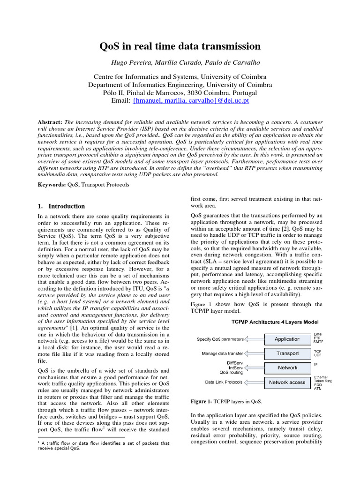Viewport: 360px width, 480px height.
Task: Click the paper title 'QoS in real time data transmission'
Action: click(180, 46)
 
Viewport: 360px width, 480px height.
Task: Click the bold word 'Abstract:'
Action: click(50, 122)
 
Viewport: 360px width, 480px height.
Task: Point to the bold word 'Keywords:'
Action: click(52, 185)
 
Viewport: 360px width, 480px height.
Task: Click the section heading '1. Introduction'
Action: click(61, 206)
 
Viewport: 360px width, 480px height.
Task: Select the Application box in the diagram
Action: click(287, 339)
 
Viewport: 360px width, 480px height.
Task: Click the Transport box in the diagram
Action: click(287, 353)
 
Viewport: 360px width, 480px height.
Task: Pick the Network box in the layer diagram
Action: click(287, 367)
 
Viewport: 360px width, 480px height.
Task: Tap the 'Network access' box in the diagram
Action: click(287, 382)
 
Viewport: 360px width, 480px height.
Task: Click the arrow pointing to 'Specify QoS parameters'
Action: click(254, 339)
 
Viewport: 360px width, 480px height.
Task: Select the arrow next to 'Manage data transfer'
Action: click(254, 353)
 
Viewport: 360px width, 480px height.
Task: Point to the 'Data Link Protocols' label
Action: click(224, 382)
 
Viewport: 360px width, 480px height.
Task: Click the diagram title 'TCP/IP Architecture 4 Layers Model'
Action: click(275, 322)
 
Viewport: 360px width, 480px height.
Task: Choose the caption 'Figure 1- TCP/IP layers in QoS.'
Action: click(226, 402)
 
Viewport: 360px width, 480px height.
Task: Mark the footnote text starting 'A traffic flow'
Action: click(103, 445)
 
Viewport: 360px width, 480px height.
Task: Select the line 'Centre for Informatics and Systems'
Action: click(180, 76)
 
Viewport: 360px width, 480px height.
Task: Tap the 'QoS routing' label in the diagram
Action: click(231, 373)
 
